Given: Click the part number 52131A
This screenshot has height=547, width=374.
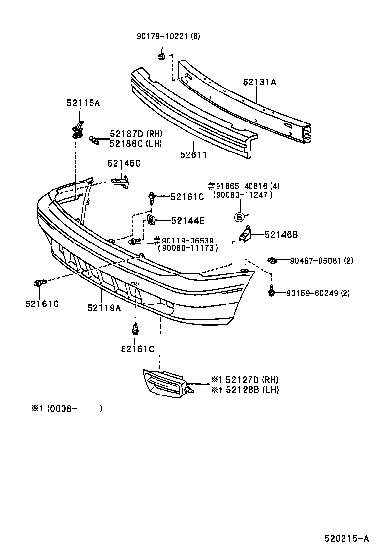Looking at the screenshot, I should pos(259,83).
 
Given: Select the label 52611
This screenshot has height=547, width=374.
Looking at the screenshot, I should pos(193,154).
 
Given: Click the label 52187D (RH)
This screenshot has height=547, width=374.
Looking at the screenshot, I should pos(136,134).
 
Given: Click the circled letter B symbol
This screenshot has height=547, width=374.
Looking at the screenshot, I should pos(239,216).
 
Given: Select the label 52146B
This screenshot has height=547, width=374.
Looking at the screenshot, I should pos(281,235).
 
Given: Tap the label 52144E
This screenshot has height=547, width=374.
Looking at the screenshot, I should pos(187,221).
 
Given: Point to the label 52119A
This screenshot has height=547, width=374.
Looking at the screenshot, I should pos(104,308).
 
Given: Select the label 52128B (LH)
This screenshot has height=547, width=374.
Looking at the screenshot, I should pos(245,390).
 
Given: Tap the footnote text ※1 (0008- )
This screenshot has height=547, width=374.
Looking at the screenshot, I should pos(67,408).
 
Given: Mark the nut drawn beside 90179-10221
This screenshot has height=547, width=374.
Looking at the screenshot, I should pos(161,56).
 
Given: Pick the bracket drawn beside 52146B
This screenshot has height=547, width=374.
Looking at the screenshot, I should pos(246,234).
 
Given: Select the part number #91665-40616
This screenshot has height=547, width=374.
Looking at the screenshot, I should pos(243,186).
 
